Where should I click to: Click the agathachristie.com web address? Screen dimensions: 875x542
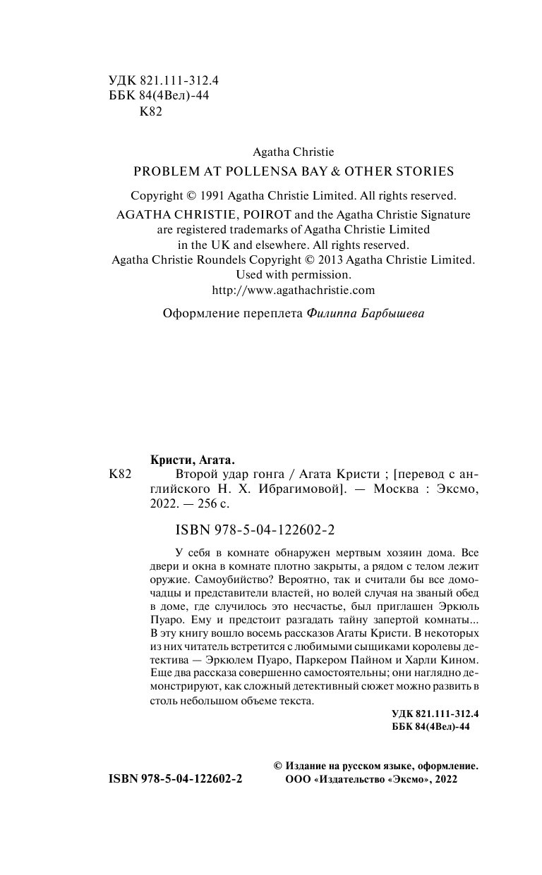(x=294, y=290)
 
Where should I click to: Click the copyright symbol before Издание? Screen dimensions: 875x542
(x=277, y=765)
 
